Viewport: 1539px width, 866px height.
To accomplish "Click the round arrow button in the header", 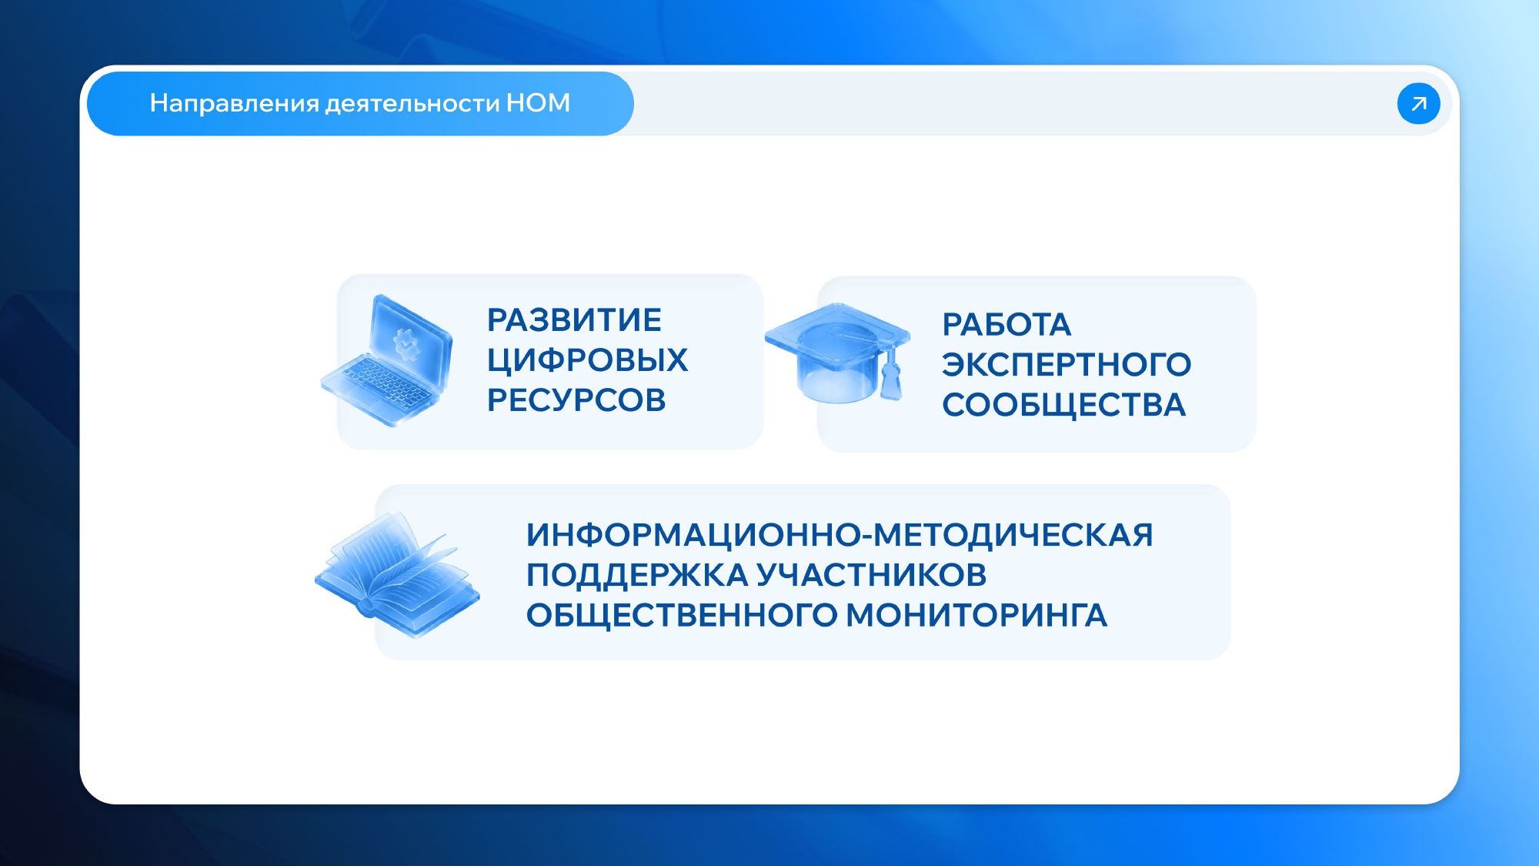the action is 1418,103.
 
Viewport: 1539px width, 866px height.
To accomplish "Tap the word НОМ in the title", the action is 538,103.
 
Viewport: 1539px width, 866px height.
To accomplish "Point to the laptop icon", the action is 386,360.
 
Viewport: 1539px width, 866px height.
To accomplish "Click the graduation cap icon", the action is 838,353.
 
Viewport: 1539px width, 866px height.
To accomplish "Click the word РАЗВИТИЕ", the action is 574,320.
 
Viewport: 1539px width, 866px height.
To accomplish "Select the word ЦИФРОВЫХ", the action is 587,360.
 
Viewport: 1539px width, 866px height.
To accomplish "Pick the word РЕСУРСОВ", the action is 576,400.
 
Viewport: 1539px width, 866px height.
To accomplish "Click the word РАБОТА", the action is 1007,325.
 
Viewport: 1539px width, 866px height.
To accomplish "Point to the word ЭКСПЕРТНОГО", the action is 1067,365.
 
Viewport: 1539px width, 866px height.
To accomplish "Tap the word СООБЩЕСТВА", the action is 1064,406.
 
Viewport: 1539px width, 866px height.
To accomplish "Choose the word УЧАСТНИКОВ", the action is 871,575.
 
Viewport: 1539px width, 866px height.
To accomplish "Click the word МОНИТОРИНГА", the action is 976,615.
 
